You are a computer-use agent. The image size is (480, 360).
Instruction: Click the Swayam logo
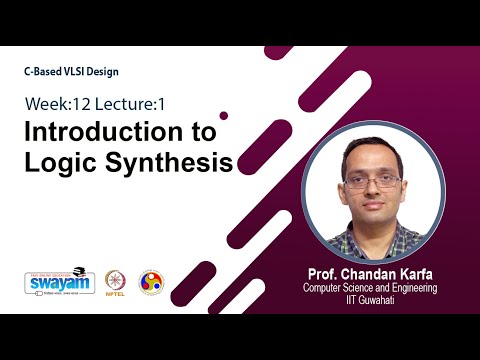pyautogui.click(x=58, y=281)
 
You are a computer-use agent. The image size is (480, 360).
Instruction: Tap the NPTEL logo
pyautogui.click(x=113, y=282)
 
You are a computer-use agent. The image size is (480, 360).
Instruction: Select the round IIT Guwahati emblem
pyautogui.click(x=152, y=282)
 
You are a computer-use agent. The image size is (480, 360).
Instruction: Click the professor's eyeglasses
pyautogui.click(x=372, y=182)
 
